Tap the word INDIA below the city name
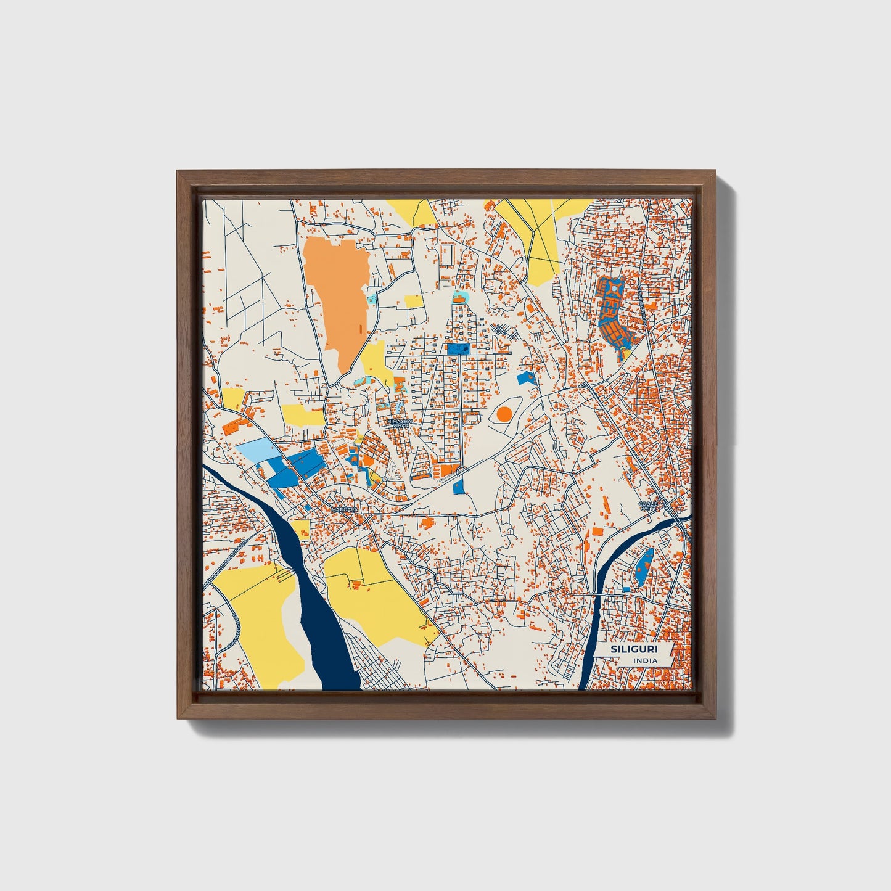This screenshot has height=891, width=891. tap(644, 661)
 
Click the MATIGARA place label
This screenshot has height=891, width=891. tap(343, 510)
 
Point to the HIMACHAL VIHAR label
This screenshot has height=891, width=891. tap(401, 422)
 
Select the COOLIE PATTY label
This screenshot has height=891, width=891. tap(649, 506)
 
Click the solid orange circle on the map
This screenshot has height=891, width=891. tap(504, 414)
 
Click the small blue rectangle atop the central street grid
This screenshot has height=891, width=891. tap(458, 349)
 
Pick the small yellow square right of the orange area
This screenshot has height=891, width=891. tap(414, 302)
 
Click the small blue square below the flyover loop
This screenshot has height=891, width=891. tap(458, 487)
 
